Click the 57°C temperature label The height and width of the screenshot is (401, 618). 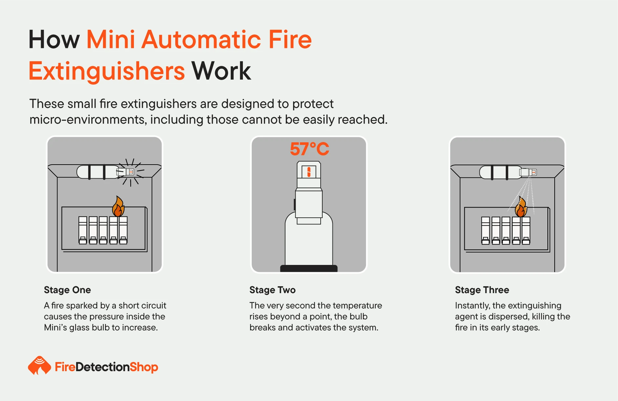point(309,149)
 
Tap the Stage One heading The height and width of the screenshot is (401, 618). point(67,290)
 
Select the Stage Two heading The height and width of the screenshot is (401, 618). point(272,290)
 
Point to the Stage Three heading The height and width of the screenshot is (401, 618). point(482,290)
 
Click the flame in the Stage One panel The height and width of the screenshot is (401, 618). point(118,207)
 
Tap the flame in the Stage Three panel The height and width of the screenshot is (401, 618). point(521,207)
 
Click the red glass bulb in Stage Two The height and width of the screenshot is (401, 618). point(309,172)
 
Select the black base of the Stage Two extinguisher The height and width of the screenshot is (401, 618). point(309,269)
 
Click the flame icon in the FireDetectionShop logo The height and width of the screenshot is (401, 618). point(39,366)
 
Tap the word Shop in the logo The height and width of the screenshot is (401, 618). point(144,367)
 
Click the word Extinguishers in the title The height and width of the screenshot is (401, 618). point(107,71)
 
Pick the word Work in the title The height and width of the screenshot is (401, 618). point(222,71)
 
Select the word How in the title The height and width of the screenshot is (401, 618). point(54,40)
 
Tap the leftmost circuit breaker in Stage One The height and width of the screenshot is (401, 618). point(83,230)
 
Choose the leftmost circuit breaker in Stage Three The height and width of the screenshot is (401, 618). point(485,231)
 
